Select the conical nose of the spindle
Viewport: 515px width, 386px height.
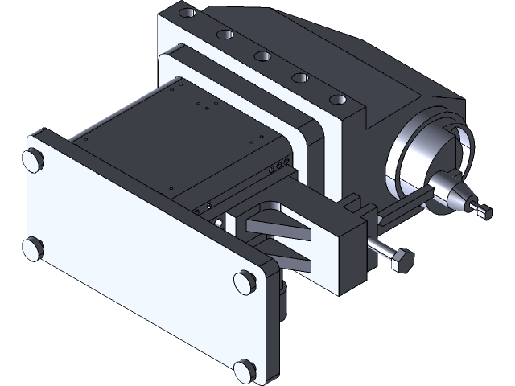tap(462, 201)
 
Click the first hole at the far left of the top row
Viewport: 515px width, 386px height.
tap(187, 14)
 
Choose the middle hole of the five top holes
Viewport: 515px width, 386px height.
tap(262, 55)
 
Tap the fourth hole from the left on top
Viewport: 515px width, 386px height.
tap(299, 77)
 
